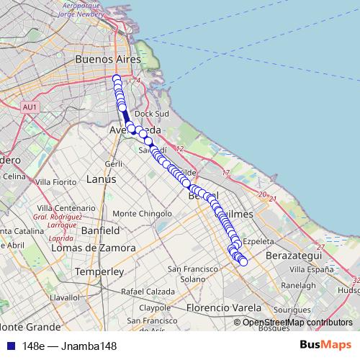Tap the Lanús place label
click(101, 179)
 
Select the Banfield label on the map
click(100, 231)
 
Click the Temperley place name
click(100, 272)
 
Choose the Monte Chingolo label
click(143, 213)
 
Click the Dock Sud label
click(152, 114)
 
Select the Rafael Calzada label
click(148, 292)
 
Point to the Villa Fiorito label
click(56, 182)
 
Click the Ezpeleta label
click(260, 241)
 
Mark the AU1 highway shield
click(30, 107)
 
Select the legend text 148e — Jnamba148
click(69, 346)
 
